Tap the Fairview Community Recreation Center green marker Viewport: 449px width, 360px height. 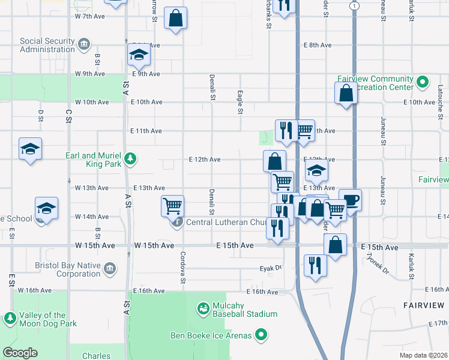click(422, 82)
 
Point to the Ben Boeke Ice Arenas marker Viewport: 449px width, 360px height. click(261, 334)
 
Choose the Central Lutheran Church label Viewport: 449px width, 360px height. click(226, 223)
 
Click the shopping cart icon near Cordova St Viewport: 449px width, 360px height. click(173, 206)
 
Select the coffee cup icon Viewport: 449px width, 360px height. click(350, 200)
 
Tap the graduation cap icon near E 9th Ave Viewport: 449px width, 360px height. click(139, 55)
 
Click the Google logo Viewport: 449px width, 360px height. click(20, 353)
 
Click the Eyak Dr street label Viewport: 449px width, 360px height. click(270, 268)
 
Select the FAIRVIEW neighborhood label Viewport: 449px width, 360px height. click(424, 305)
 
